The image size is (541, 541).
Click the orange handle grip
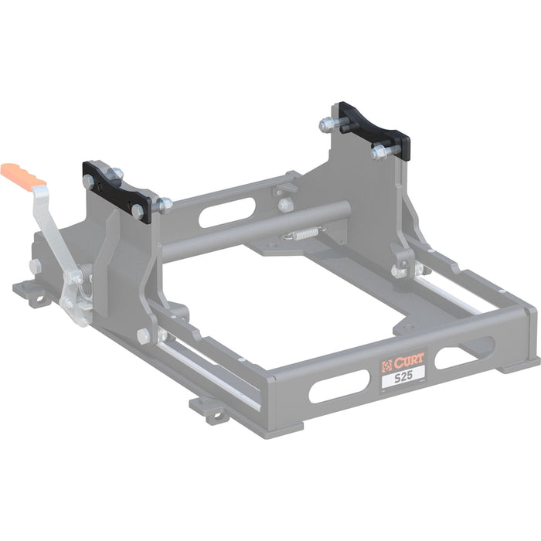tap(22, 177)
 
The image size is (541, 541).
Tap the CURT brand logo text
tap(409, 362)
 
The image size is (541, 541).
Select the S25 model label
tap(403, 376)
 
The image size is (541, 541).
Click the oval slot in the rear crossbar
tap(227, 213)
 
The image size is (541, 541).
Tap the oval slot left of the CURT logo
tap(339, 386)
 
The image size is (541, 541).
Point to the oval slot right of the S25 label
tap(464, 354)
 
